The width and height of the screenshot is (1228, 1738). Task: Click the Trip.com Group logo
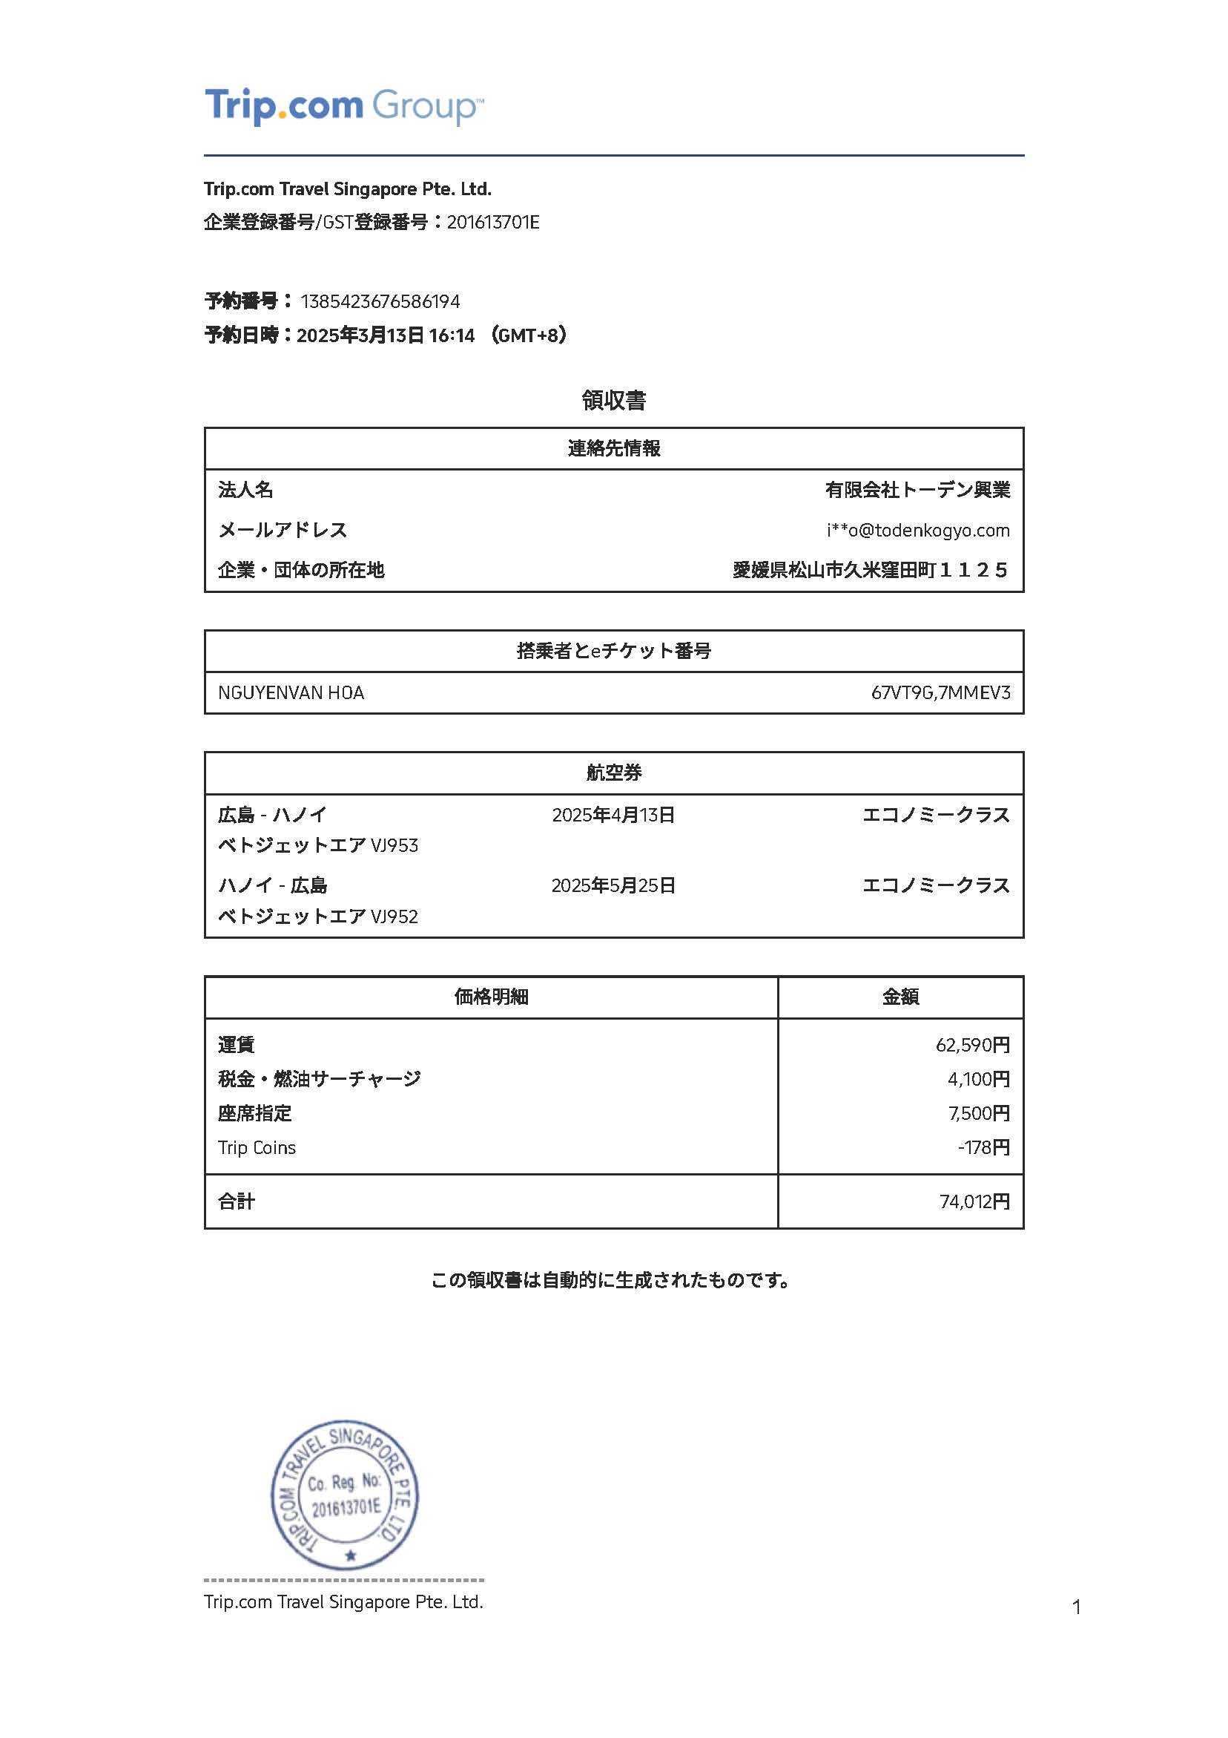[x=343, y=106]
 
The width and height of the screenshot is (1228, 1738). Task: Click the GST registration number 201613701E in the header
[x=492, y=223]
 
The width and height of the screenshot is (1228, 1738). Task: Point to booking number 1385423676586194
[x=380, y=302]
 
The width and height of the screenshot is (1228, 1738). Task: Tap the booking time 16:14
[x=451, y=335]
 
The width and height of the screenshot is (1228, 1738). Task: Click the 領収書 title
[x=613, y=401]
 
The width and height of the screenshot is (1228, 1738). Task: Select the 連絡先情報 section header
[x=613, y=449]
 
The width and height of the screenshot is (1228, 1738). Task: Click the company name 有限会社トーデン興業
[x=917, y=491]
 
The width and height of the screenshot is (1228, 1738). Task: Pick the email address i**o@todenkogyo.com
[x=918, y=531]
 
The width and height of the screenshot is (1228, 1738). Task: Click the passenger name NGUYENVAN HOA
[x=291, y=693]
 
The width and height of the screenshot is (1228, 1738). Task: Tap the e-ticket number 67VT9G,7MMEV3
[x=940, y=693]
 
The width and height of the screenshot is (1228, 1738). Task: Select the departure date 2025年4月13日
[x=613, y=816]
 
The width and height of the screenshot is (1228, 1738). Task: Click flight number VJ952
[x=395, y=916]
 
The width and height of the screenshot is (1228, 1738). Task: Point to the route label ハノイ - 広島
[x=272, y=885]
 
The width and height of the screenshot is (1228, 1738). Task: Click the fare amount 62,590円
[x=972, y=1046]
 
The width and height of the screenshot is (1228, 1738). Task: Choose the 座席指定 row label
[x=254, y=1113]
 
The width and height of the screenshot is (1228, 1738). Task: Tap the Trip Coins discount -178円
[x=983, y=1147]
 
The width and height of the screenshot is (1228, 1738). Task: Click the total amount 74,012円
[x=974, y=1202]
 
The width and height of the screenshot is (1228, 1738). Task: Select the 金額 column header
[x=900, y=997]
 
